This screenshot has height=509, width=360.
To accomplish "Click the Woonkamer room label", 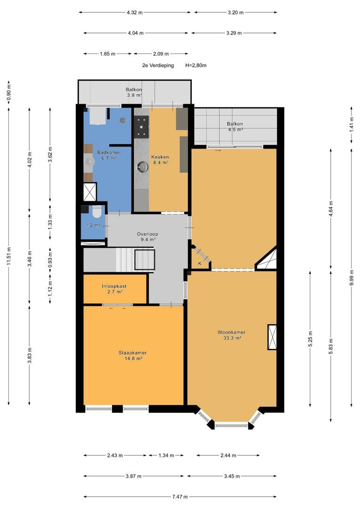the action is click(x=231, y=332).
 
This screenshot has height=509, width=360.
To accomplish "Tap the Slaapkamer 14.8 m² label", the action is click(x=132, y=355).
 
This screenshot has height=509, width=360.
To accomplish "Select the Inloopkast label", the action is click(x=114, y=287).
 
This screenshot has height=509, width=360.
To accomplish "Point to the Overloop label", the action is click(x=147, y=234).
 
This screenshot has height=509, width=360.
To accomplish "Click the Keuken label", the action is click(x=160, y=157).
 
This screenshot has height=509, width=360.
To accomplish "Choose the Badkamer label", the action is click(x=109, y=152).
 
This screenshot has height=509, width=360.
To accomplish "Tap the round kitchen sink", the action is click(x=142, y=167).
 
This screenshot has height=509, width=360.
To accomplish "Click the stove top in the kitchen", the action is click(x=142, y=126).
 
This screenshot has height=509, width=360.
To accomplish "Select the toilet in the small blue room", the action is click(x=97, y=212).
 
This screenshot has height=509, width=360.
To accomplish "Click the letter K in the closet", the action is click(x=200, y=263).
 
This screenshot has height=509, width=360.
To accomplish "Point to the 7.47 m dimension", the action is click(x=180, y=497).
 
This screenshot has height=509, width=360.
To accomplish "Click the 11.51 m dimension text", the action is click(x=8, y=256).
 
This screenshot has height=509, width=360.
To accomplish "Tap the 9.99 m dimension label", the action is click(x=351, y=278).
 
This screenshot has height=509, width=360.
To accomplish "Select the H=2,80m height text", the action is click(x=196, y=65).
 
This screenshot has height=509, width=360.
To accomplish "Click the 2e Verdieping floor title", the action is click(x=158, y=65).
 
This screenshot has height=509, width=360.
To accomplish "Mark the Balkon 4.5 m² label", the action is click(x=235, y=126).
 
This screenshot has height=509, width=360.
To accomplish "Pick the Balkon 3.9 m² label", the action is click(x=134, y=92).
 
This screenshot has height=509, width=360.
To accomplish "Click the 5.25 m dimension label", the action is click(x=311, y=339).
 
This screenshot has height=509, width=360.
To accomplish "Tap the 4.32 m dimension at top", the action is click(x=135, y=13).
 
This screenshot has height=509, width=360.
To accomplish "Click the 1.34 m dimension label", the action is click(x=166, y=455).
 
